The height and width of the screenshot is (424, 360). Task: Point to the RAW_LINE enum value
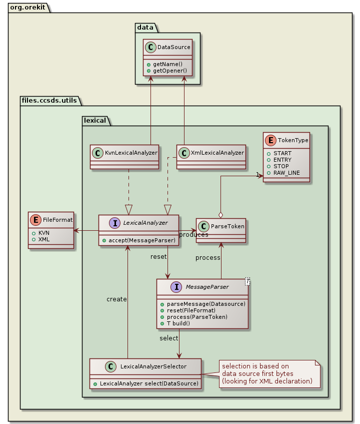[286, 172]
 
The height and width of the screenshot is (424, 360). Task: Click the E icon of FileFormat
[36, 219]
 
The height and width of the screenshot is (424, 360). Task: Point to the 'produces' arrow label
[193, 235]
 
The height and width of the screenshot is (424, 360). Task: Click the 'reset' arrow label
[158, 257]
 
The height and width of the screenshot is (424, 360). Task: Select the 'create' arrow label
[116, 299]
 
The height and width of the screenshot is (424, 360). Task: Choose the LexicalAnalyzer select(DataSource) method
[145, 383]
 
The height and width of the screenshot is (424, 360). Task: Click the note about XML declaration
[267, 374]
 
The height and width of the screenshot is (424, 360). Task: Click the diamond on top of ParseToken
[220, 215]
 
